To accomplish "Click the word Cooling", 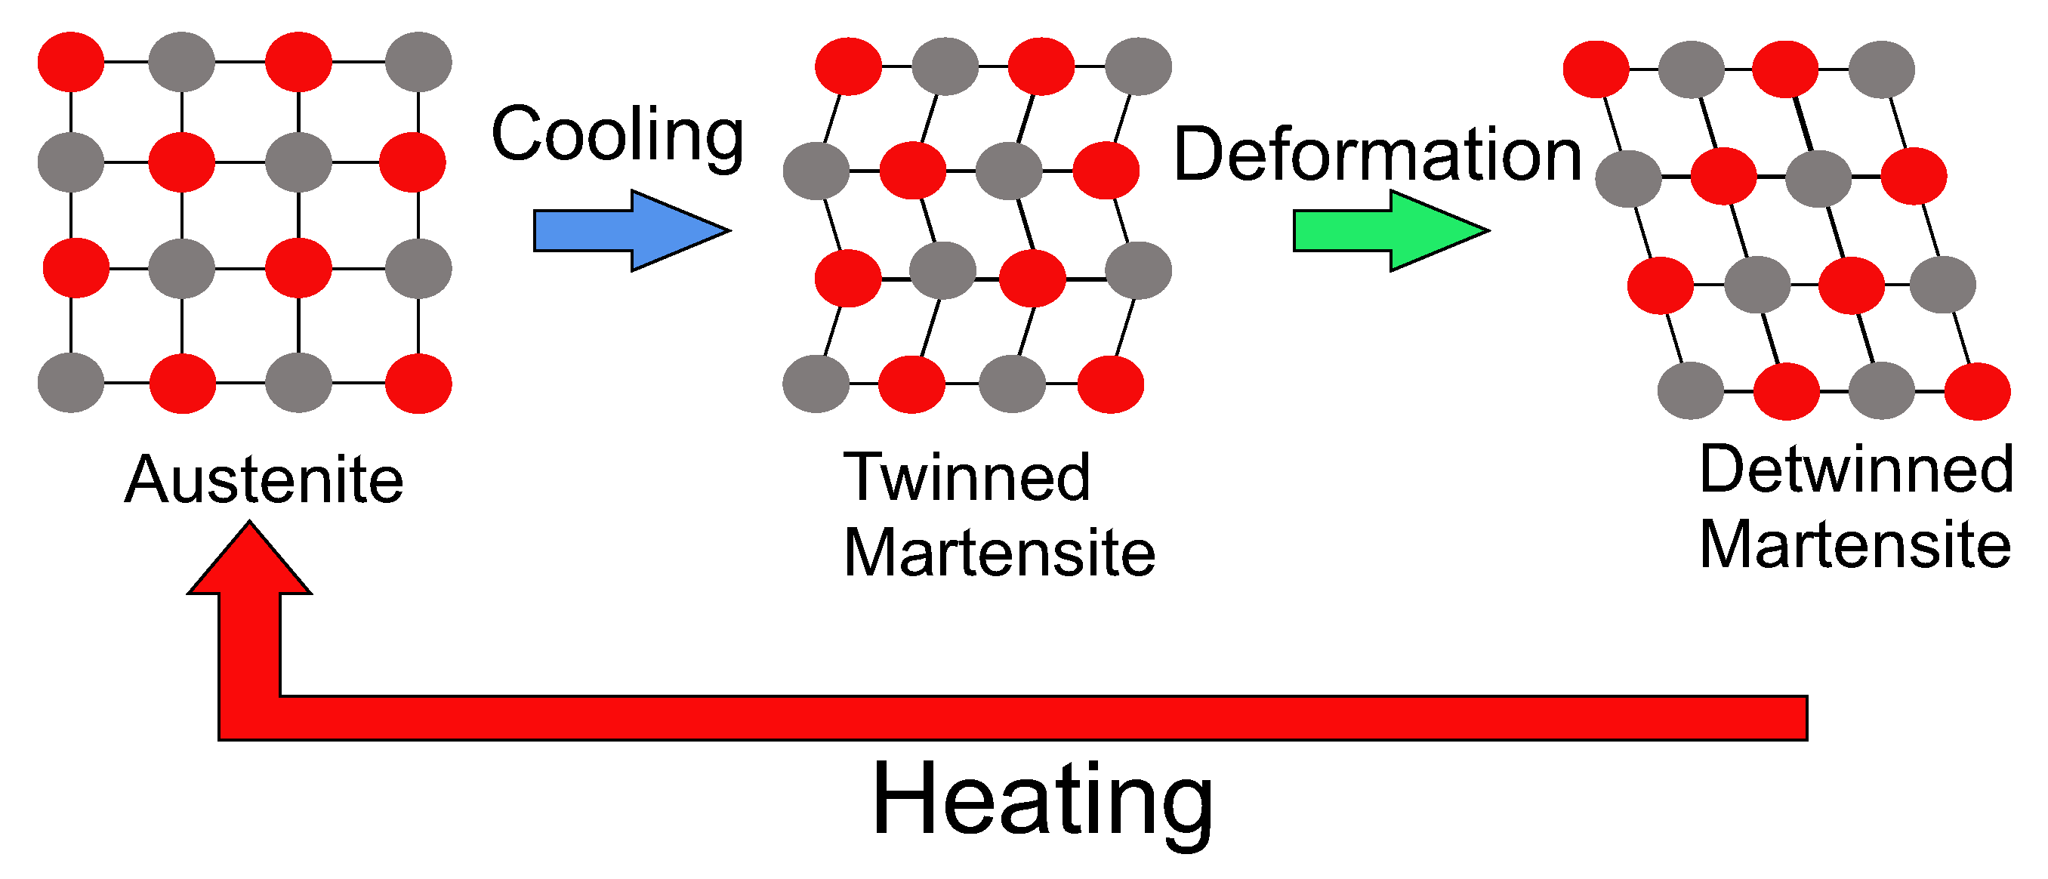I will [x=618, y=134].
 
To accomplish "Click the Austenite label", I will [x=264, y=480].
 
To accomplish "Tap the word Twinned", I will [x=967, y=477].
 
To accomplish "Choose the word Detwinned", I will [x=1856, y=469].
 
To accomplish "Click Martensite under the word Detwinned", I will [x=1855, y=544].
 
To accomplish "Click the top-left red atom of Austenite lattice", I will [x=71, y=61].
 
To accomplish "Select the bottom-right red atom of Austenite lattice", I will [x=418, y=384].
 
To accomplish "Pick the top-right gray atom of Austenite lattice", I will [x=418, y=61].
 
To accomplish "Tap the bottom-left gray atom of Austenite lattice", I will [x=71, y=383].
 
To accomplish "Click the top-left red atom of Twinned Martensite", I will [x=848, y=66].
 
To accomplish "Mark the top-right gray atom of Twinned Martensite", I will [x=1139, y=66].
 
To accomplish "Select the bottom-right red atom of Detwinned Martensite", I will [x=1978, y=391].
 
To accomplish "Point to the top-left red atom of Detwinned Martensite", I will [x=1596, y=69].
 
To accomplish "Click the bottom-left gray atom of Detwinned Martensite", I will [x=1690, y=390].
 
